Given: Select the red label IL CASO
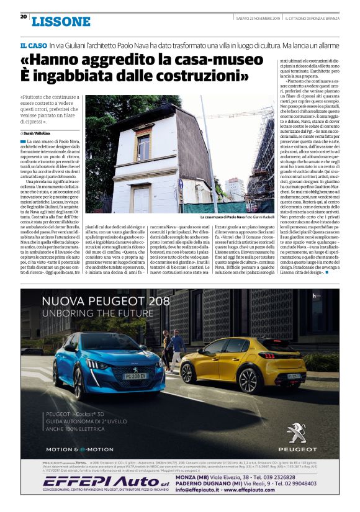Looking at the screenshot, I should point(33,46).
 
